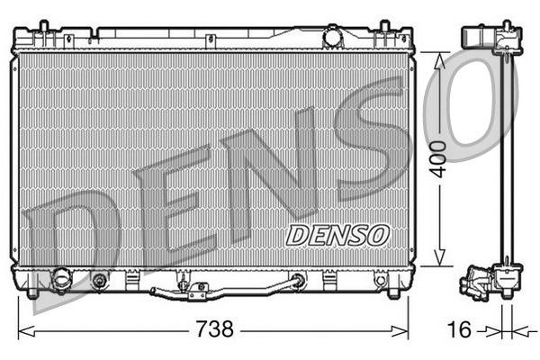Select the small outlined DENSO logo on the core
(337, 235)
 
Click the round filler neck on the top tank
(334, 38)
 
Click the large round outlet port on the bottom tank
(62, 280)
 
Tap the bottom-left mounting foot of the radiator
(33, 292)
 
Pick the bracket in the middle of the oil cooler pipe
(197, 290)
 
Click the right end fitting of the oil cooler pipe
(296, 282)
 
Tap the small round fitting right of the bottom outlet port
(99, 281)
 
